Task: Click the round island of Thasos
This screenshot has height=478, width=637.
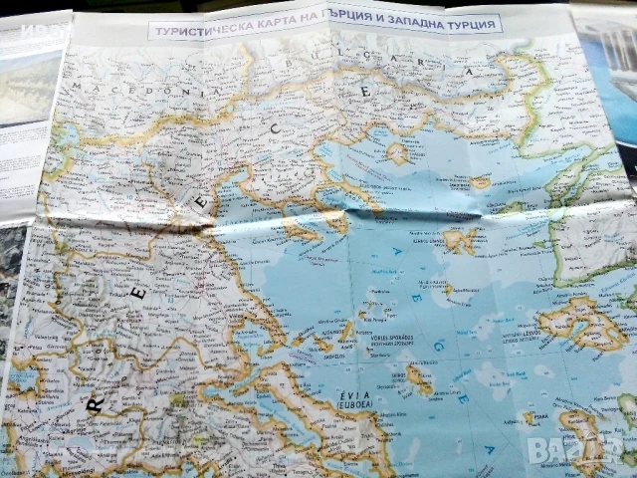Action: pos(397,152)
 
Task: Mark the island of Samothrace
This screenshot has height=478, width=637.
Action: pos(481,182)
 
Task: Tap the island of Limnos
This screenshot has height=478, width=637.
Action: pos(459,240)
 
